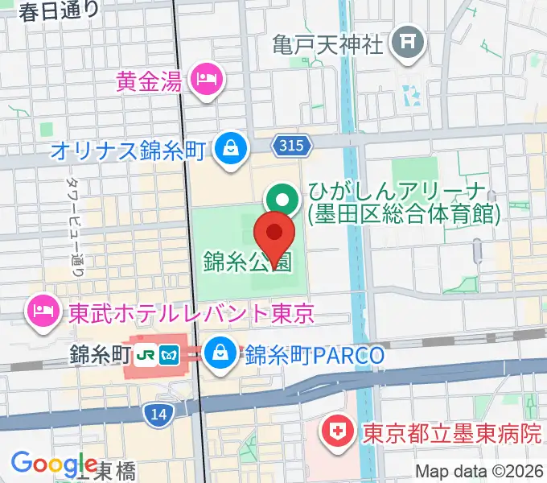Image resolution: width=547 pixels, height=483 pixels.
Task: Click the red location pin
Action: [274, 234]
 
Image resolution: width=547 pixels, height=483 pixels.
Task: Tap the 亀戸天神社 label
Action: [328, 43]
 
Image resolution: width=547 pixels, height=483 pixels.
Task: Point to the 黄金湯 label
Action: [150, 81]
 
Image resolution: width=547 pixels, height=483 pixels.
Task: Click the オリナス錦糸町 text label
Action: [130, 150]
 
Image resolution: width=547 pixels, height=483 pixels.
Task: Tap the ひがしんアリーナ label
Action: [402, 204]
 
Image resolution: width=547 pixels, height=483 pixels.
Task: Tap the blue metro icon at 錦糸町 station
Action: [170, 353]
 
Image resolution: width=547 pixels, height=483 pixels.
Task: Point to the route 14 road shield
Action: [158, 414]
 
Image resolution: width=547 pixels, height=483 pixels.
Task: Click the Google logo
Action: [54, 464]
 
